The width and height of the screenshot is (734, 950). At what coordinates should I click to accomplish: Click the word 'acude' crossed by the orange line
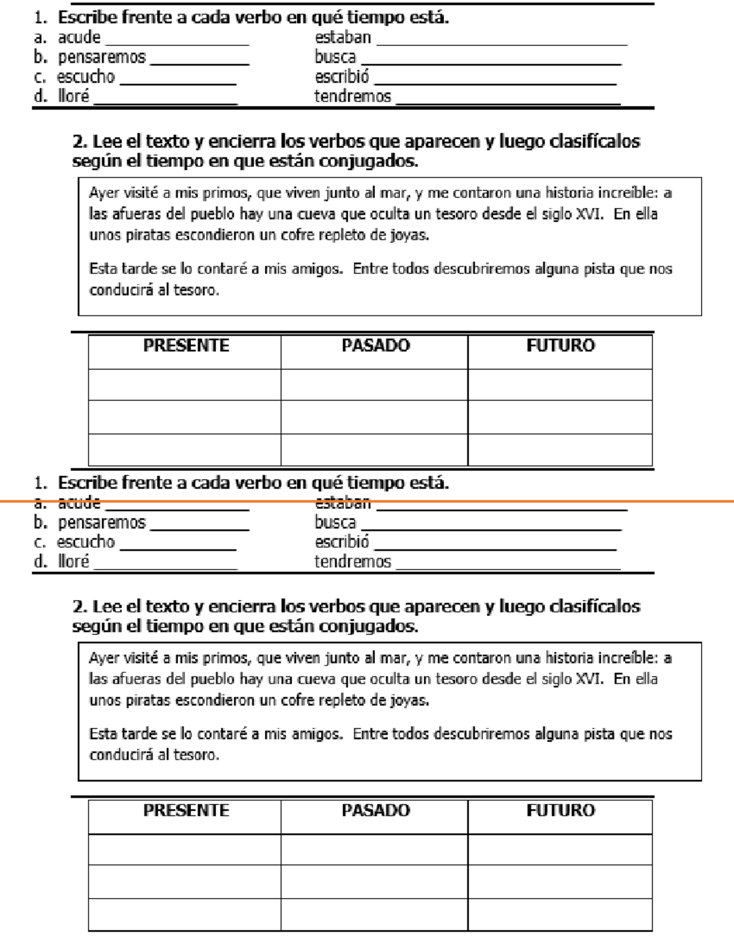tap(79, 503)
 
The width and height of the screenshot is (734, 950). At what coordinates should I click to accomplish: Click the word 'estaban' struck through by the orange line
tap(343, 503)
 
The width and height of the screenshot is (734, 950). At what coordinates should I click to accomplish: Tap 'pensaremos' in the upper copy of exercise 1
tap(102, 58)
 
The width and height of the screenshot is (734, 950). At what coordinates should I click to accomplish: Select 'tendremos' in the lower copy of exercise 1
tap(352, 562)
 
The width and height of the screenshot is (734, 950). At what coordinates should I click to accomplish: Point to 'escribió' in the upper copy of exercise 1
tap(342, 77)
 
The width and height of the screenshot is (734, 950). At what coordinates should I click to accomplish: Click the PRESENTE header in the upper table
tap(186, 346)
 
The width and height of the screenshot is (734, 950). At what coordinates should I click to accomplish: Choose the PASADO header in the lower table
tap(376, 811)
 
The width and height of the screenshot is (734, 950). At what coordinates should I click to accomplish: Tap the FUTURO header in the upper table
tap(560, 346)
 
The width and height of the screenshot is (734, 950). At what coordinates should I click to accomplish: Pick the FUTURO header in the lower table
tap(560, 811)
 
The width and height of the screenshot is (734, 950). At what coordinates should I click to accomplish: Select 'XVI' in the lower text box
tap(590, 679)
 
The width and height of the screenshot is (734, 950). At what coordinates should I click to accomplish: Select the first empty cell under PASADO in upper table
tap(374, 385)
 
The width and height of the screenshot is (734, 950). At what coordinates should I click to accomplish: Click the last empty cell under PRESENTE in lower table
tap(185, 915)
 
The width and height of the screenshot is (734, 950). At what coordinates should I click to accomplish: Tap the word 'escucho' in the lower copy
tap(86, 542)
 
